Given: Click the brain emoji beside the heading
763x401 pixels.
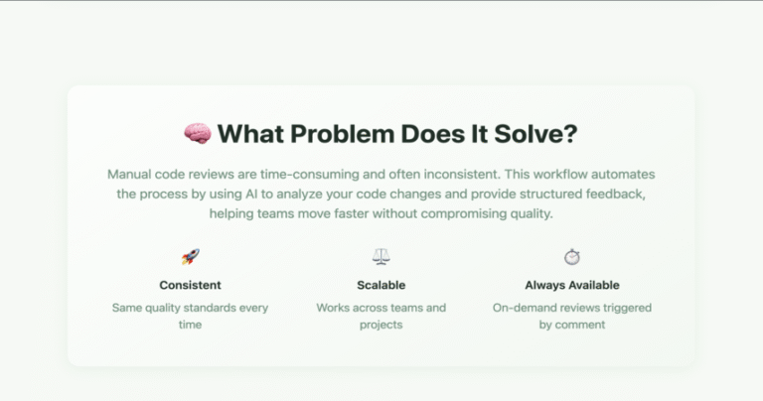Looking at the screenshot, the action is point(198,134).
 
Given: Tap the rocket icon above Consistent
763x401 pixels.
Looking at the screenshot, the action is point(191,257).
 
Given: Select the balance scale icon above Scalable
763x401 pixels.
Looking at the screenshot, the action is point(381,256).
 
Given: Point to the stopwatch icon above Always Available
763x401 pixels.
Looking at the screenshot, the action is point(572,257).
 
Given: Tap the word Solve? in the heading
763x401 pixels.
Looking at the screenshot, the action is point(535,134).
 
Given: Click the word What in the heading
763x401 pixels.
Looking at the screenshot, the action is point(250,134).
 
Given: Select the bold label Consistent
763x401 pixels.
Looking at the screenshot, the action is point(191,285).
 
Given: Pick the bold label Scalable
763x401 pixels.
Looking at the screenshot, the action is point(381,285).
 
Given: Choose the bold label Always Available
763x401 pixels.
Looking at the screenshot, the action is point(572,285).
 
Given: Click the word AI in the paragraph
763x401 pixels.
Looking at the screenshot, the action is point(251,194).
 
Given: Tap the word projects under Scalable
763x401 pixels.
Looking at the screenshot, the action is point(381,325).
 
